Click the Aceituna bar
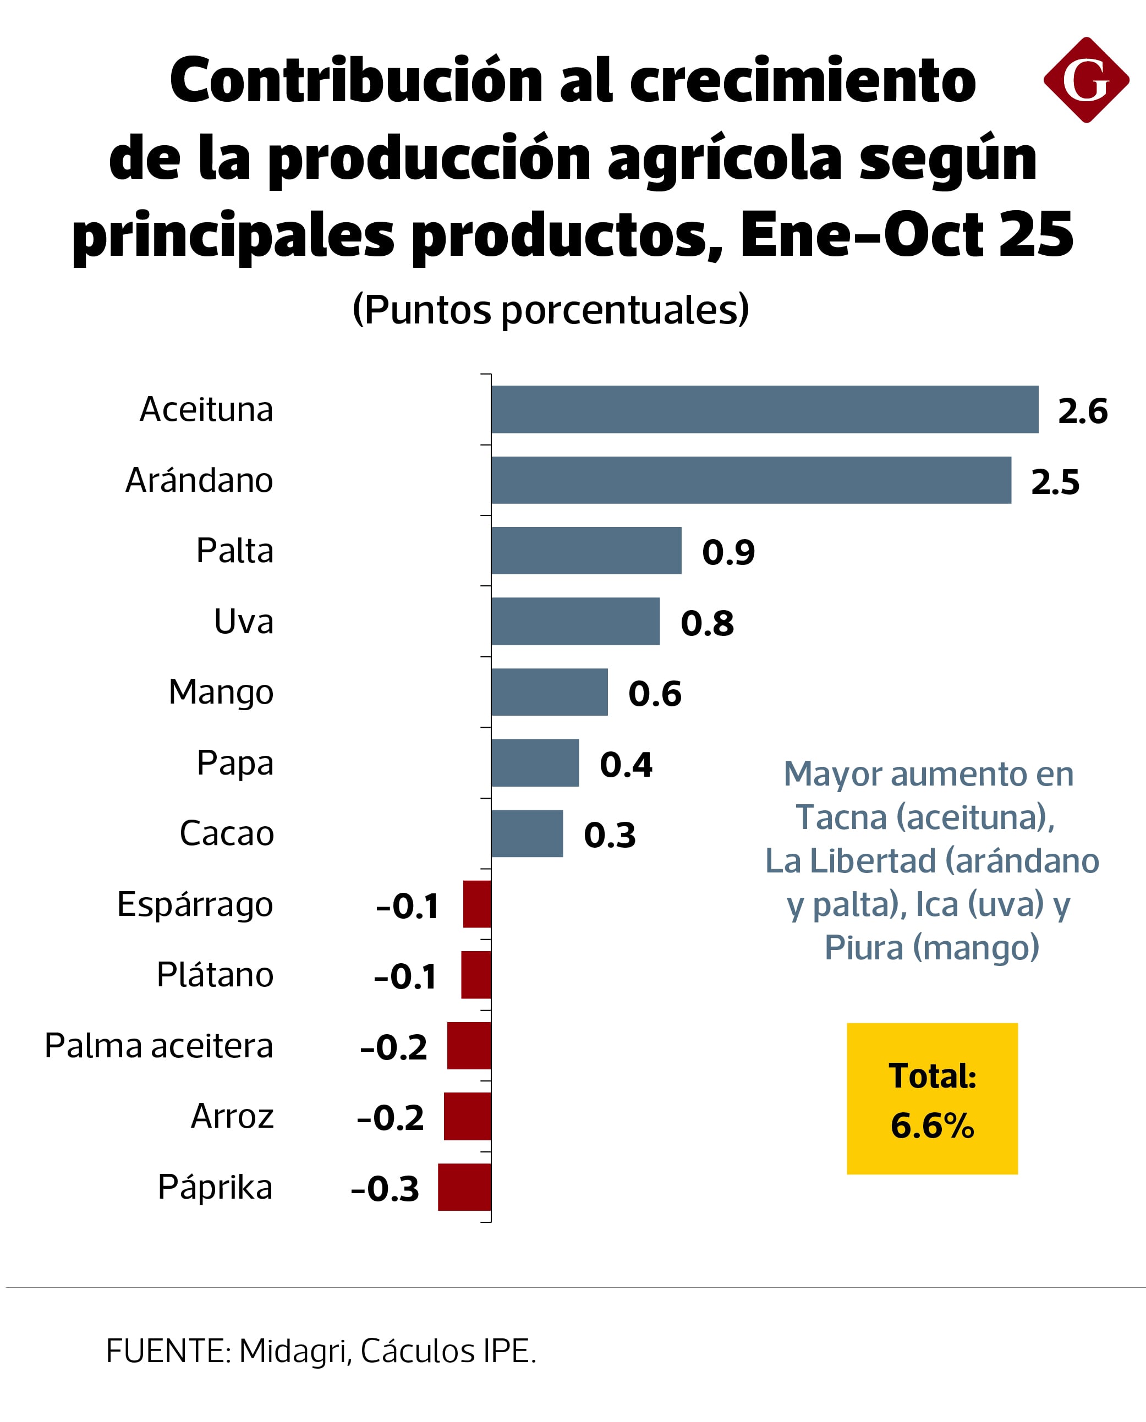tap(764, 409)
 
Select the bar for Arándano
tap(750, 480)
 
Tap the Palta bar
tap(586, 551)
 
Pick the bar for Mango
tap(549, 692)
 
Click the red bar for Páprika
tap(465, 1187)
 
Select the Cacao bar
tap(527, 833)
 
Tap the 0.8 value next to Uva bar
tap(707, 623)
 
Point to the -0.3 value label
tap(385, 1188)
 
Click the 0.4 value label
tap(626, 764)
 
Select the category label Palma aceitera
tap(158, 1046)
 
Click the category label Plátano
tap(215, 975)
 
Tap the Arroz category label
tap(232, 1116)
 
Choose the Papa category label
tap(235, 763)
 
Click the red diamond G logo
tap(1086, 80)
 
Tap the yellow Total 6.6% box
tap(932, 1099)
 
